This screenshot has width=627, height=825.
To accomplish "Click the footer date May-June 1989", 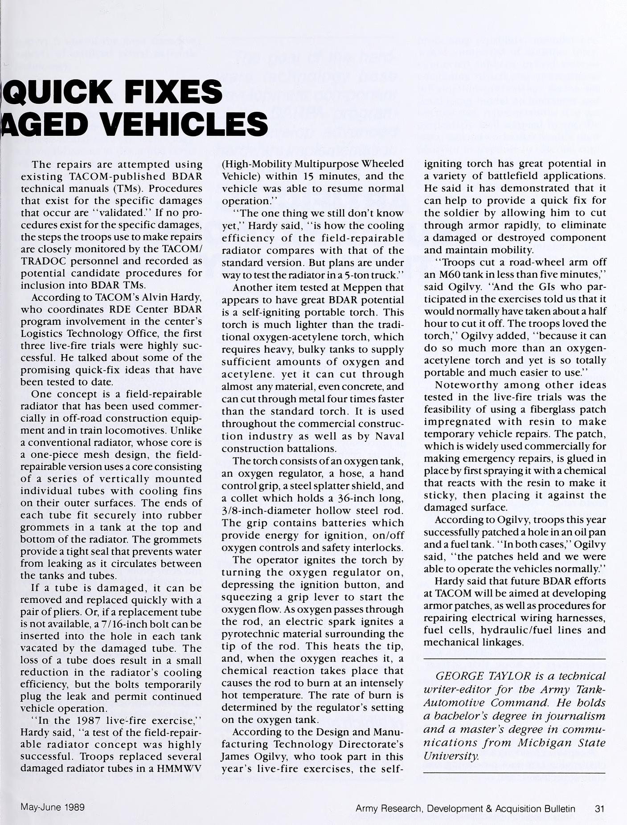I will pos(53,807).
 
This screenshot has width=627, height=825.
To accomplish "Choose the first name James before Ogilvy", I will pos(235,756).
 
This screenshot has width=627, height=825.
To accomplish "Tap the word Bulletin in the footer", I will pos(559,808).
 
